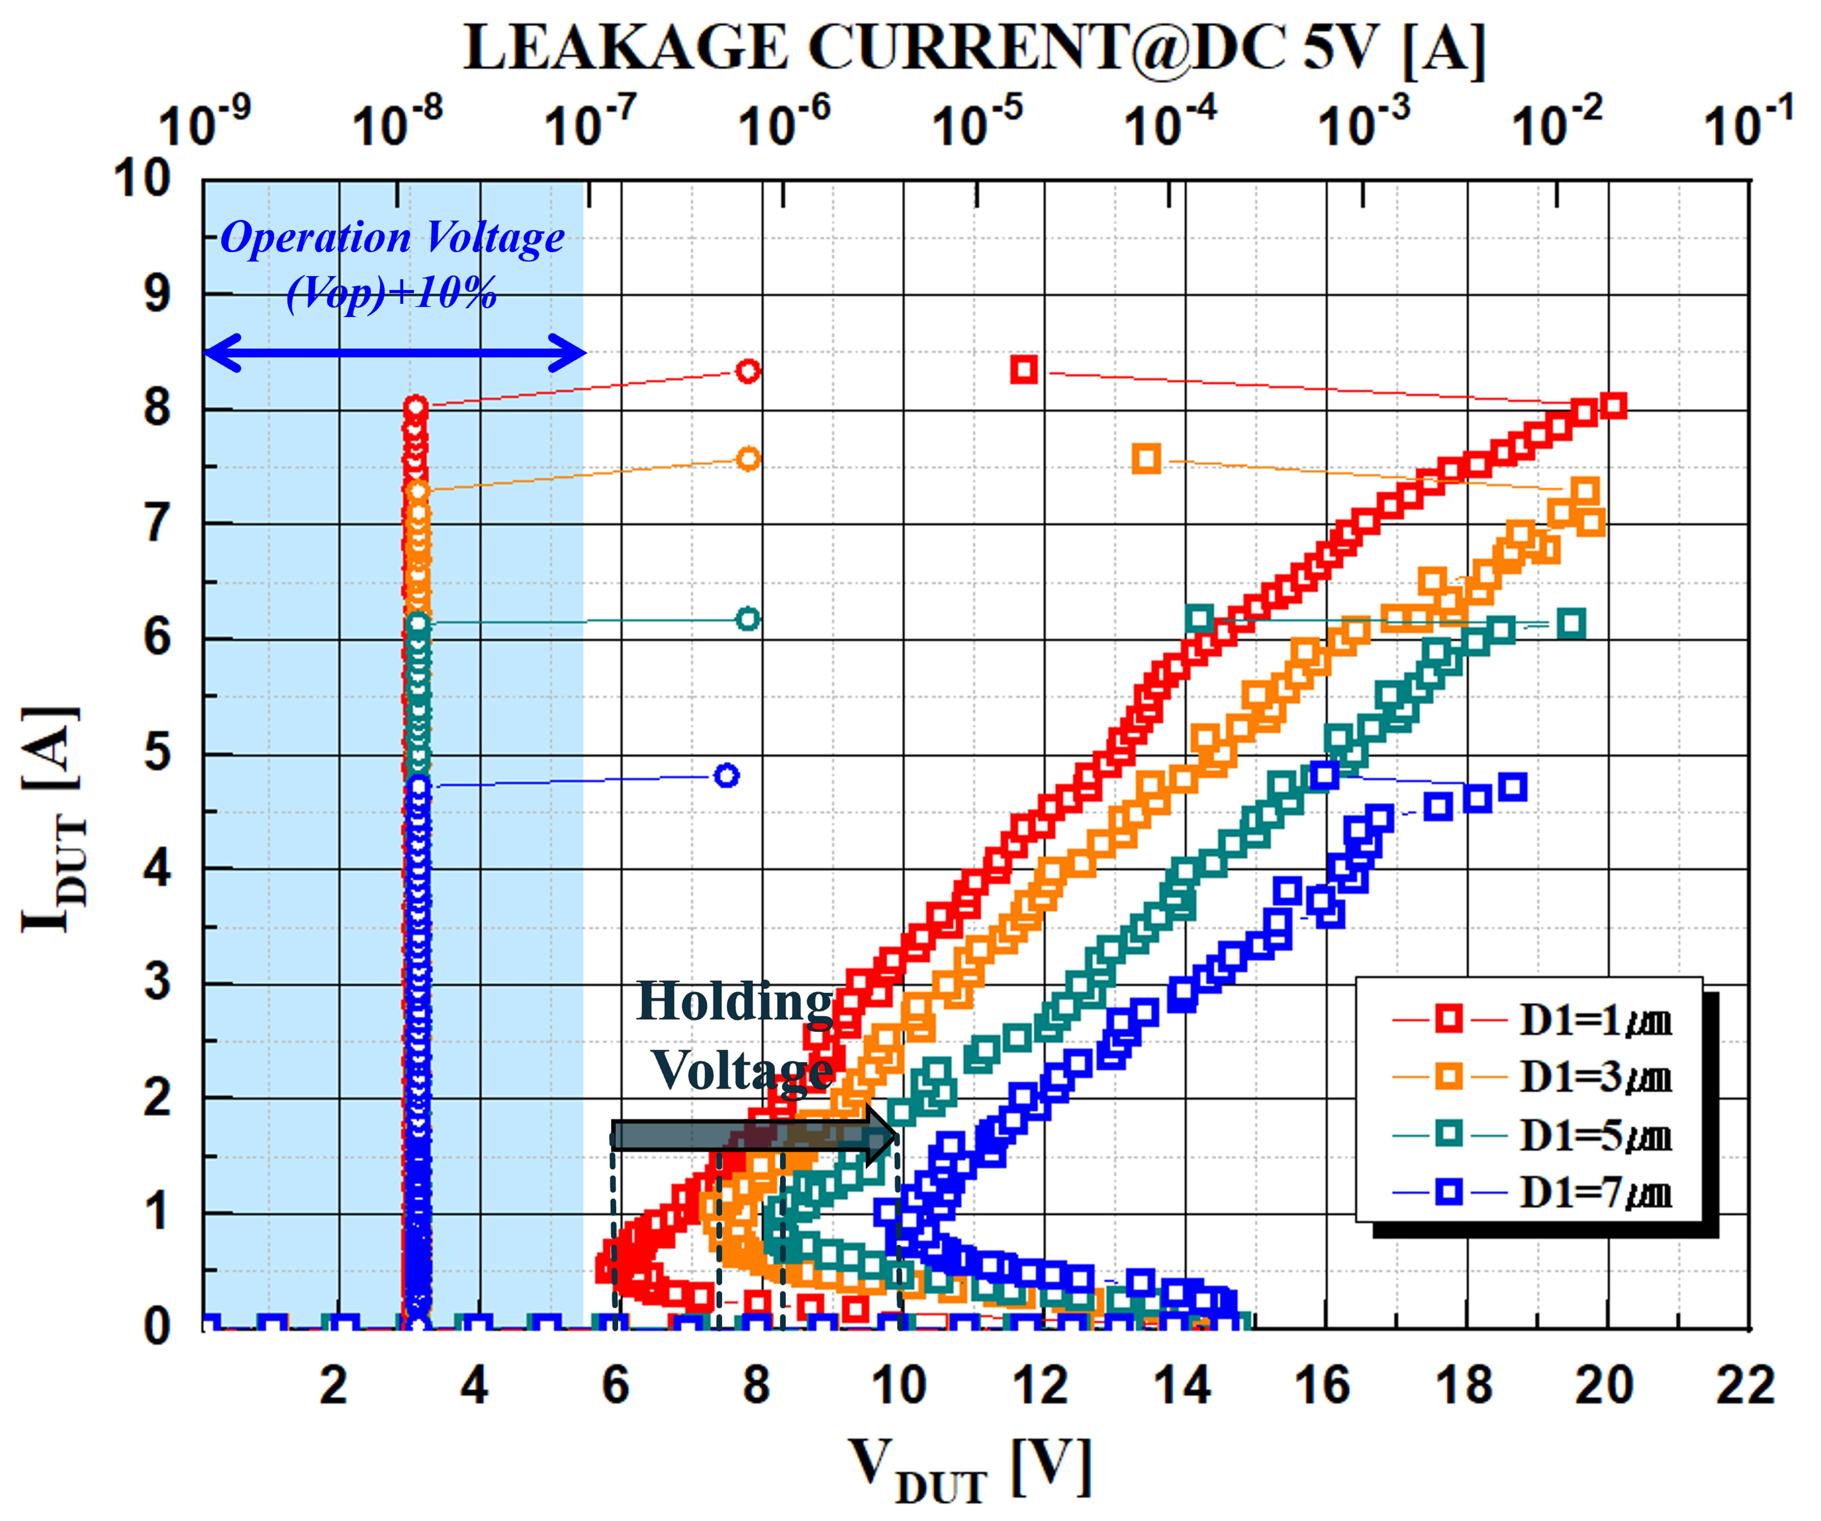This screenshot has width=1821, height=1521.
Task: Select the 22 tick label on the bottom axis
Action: pos(1745,1386)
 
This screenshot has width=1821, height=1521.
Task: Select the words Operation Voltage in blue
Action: pos(392,237)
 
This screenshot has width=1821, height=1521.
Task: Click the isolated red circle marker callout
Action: pos(747,371)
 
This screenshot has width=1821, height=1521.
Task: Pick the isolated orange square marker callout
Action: pos(1146,460)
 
